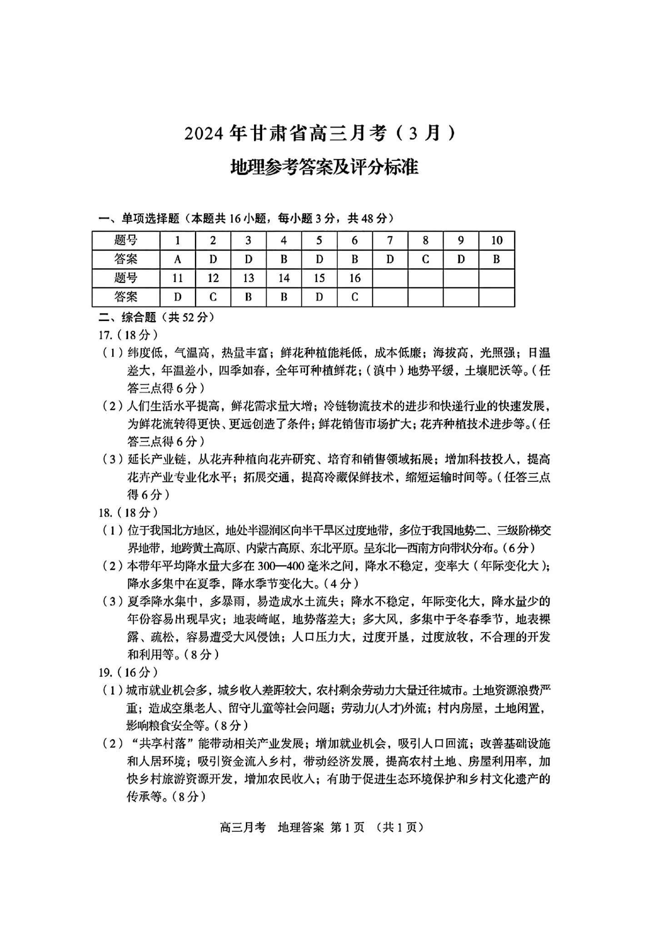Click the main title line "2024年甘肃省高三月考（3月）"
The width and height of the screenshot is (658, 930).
(319, 134)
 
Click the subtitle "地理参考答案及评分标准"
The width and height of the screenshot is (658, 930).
(324, 167)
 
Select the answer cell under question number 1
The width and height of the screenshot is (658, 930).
(178, 259)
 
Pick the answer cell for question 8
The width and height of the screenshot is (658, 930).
(425, 259)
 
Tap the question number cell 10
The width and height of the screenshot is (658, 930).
(497, 241)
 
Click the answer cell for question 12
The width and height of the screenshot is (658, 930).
(213, 297)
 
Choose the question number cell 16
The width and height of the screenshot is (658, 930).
(355, 278)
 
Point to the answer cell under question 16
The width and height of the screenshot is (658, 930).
(355, 297)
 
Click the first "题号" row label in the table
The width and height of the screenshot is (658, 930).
(126, 241)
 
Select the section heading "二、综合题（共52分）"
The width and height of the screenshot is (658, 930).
(156, 317)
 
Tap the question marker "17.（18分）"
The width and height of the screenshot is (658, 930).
(129, 335)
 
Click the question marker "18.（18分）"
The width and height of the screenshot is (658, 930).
(129, 513)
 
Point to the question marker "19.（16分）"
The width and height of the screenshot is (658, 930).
(129, 672)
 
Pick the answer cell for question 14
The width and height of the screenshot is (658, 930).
(284, 297)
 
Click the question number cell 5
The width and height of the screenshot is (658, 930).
(319, 241)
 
